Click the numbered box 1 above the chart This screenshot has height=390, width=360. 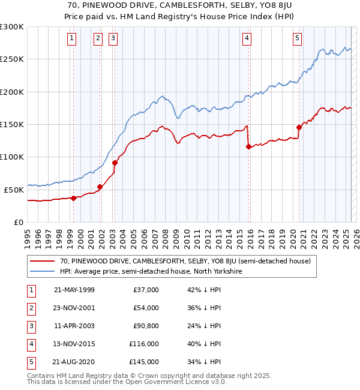72,38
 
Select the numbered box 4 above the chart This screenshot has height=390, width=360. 247,38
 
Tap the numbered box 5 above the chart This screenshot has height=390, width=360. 298,38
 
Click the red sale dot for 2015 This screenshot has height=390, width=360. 248,146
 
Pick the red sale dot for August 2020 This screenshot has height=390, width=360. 299,127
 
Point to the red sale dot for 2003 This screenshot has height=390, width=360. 115,163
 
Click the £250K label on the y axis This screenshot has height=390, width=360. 12,59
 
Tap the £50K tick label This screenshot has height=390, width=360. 14,190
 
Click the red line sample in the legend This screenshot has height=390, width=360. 42,262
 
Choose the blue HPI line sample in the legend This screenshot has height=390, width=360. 42,272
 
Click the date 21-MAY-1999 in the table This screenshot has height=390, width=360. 74,290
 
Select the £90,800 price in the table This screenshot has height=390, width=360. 146,326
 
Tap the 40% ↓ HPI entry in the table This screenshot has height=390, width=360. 205,344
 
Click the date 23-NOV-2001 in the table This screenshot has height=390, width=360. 74,308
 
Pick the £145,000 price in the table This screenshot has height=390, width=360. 144,362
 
